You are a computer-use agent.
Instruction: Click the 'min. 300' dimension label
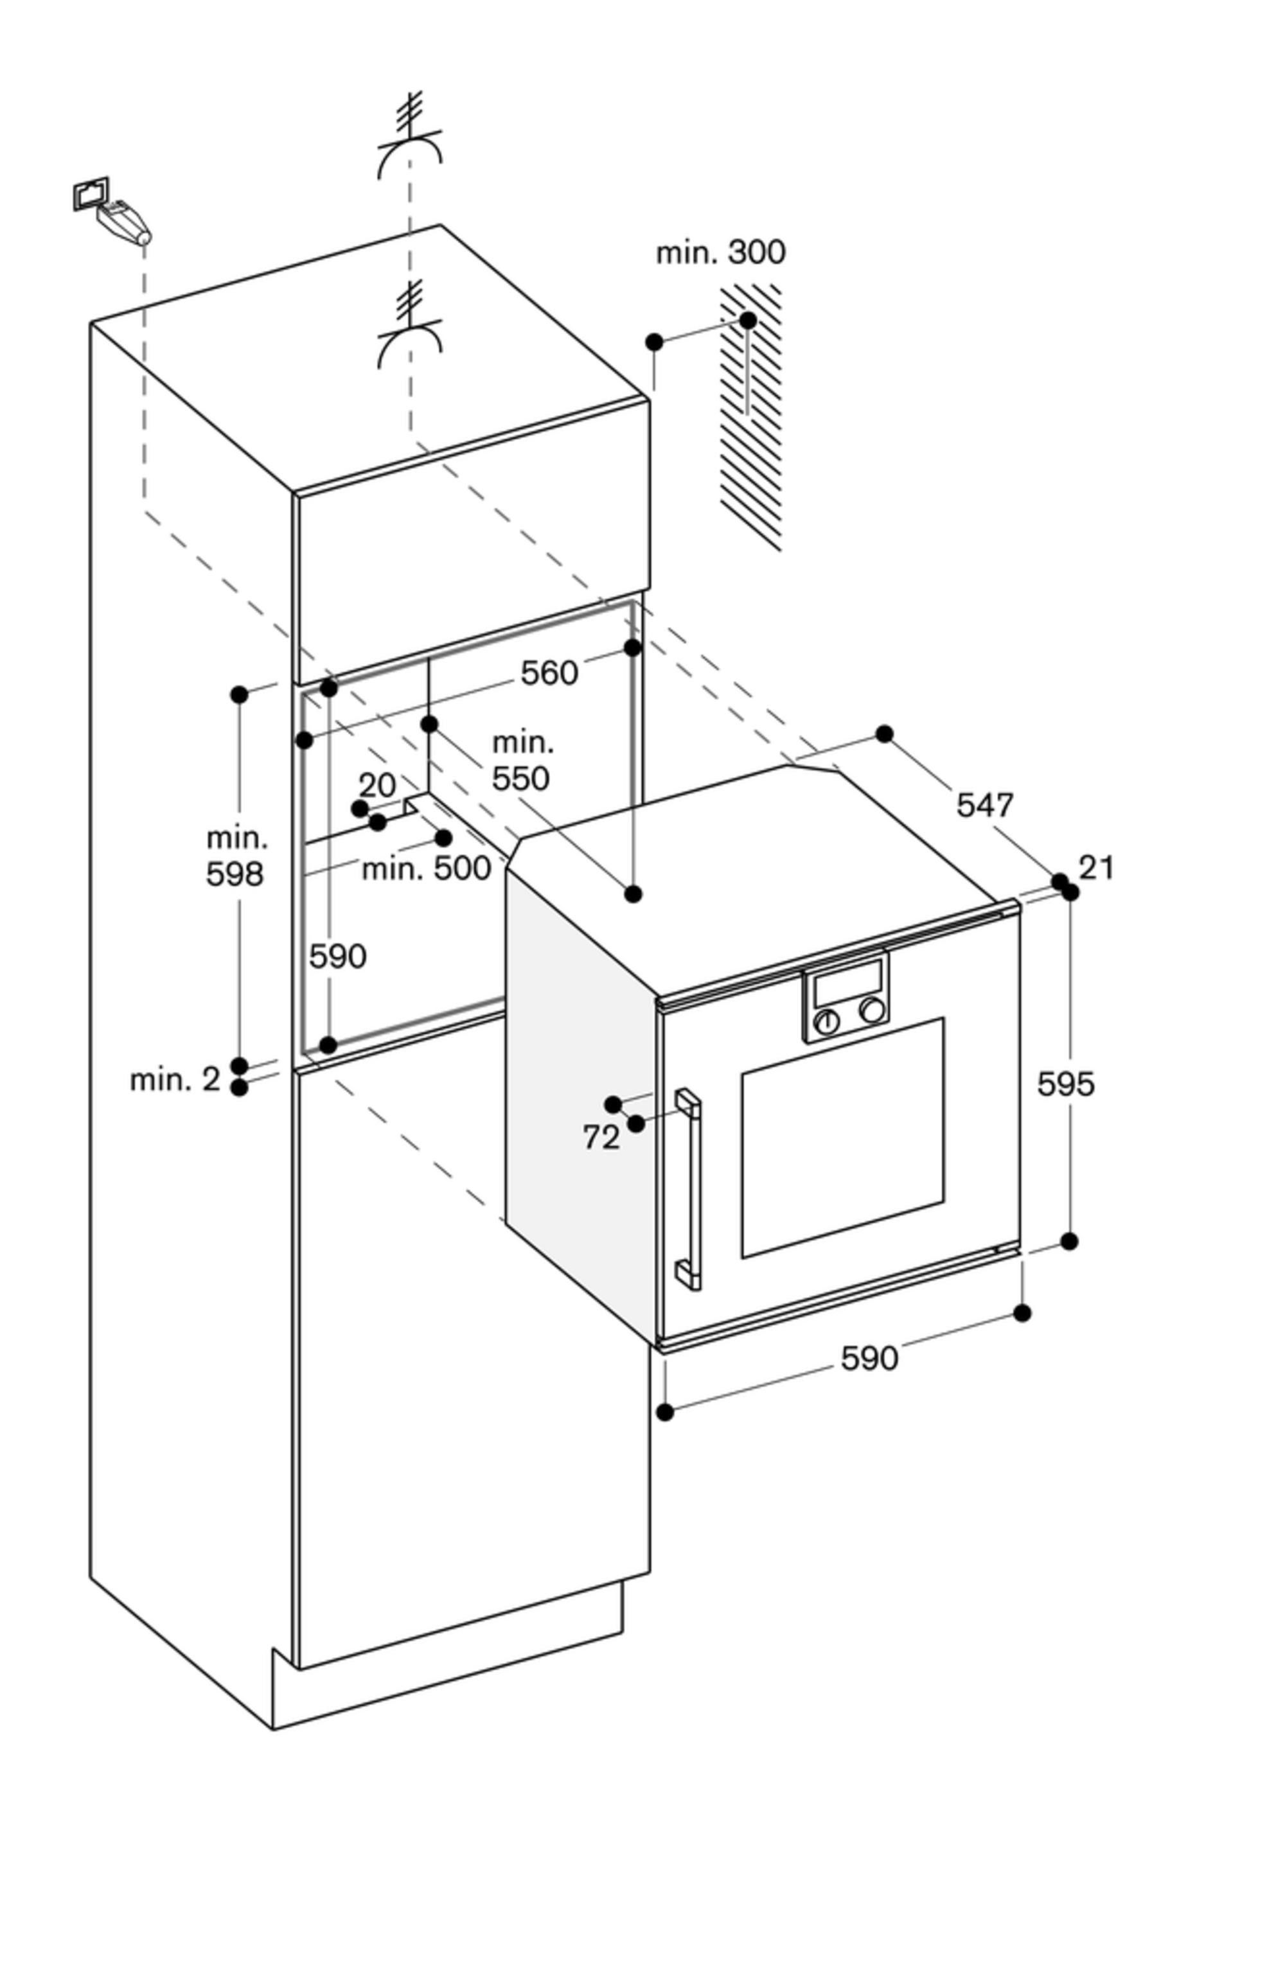point(720,252)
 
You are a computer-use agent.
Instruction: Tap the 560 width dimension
point(549,673)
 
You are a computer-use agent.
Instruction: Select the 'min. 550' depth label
point(522,761)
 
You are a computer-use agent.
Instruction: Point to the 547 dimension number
point(985,805)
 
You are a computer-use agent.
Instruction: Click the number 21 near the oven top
point(1096,868)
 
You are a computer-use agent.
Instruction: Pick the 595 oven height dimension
point(1065,1084)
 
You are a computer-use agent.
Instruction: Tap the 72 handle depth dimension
point(601,1138)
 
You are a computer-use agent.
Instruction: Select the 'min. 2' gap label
point(175,1080)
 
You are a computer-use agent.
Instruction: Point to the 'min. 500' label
point(426,868)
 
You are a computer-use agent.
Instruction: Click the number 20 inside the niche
point(377,785)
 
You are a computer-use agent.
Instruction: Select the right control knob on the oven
point(871,1010)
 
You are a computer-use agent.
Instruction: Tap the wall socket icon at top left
point(91,194)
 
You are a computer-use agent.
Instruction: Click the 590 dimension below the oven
point(869,1358)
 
